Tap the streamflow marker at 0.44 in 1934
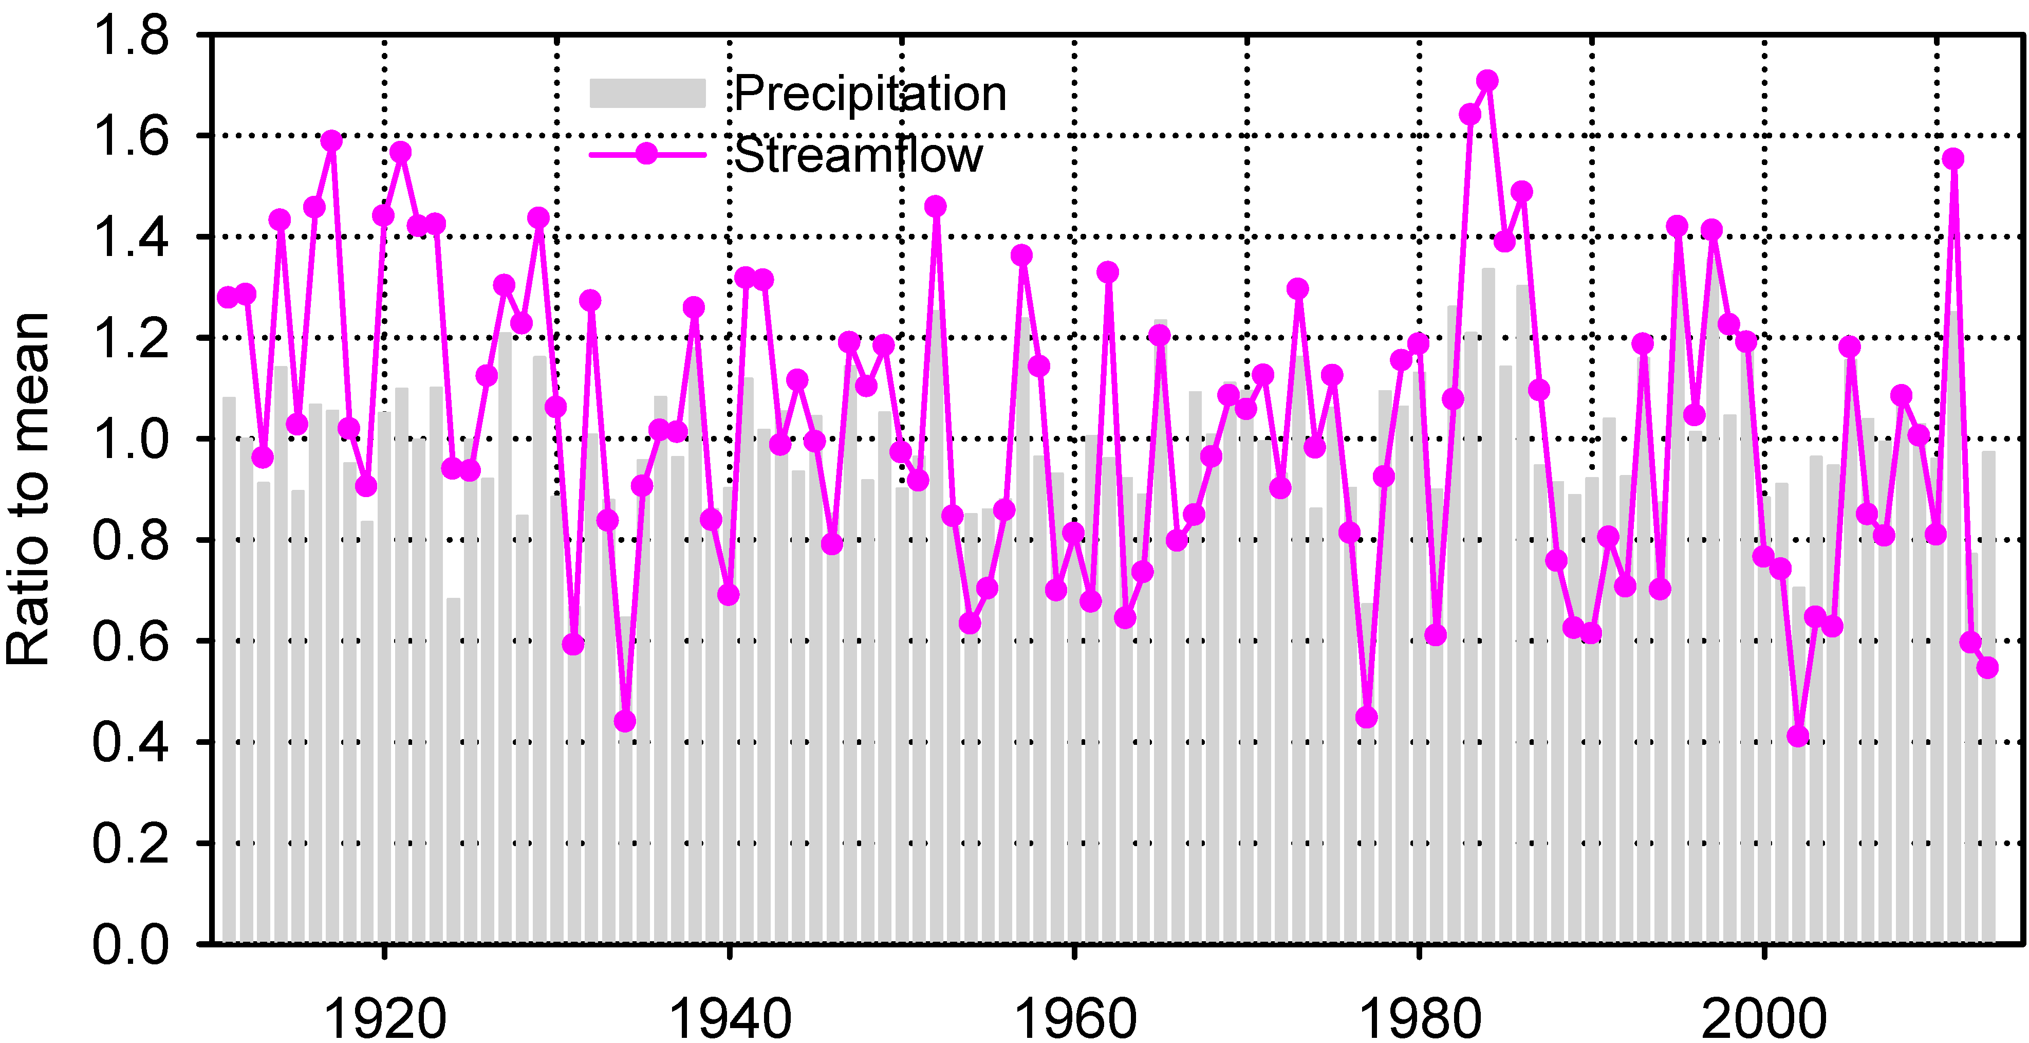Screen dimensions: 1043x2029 (625, 721)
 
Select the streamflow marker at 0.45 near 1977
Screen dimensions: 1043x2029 (1367, 717)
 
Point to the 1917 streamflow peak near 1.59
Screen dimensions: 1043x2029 (331, 141)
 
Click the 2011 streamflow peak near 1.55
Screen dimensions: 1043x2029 (1952, 158)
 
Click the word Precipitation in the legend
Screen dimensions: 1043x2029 (870, 94)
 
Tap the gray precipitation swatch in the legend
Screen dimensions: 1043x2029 (647, 93)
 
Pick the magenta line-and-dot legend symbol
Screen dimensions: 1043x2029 (647, 154)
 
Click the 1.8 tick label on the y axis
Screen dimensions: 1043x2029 (130, 36)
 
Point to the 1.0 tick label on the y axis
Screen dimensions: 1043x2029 (130, 439)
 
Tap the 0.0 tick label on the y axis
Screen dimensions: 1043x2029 (130, 944)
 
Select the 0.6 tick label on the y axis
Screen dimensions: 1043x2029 (130, 641)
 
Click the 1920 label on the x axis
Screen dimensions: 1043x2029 (385, 1018)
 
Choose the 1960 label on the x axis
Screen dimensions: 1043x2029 (1074, 1018)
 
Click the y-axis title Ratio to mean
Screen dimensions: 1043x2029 (28, 488)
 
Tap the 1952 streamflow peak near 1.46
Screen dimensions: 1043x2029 (935, 207)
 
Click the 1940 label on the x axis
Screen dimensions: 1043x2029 (730, 1018)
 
